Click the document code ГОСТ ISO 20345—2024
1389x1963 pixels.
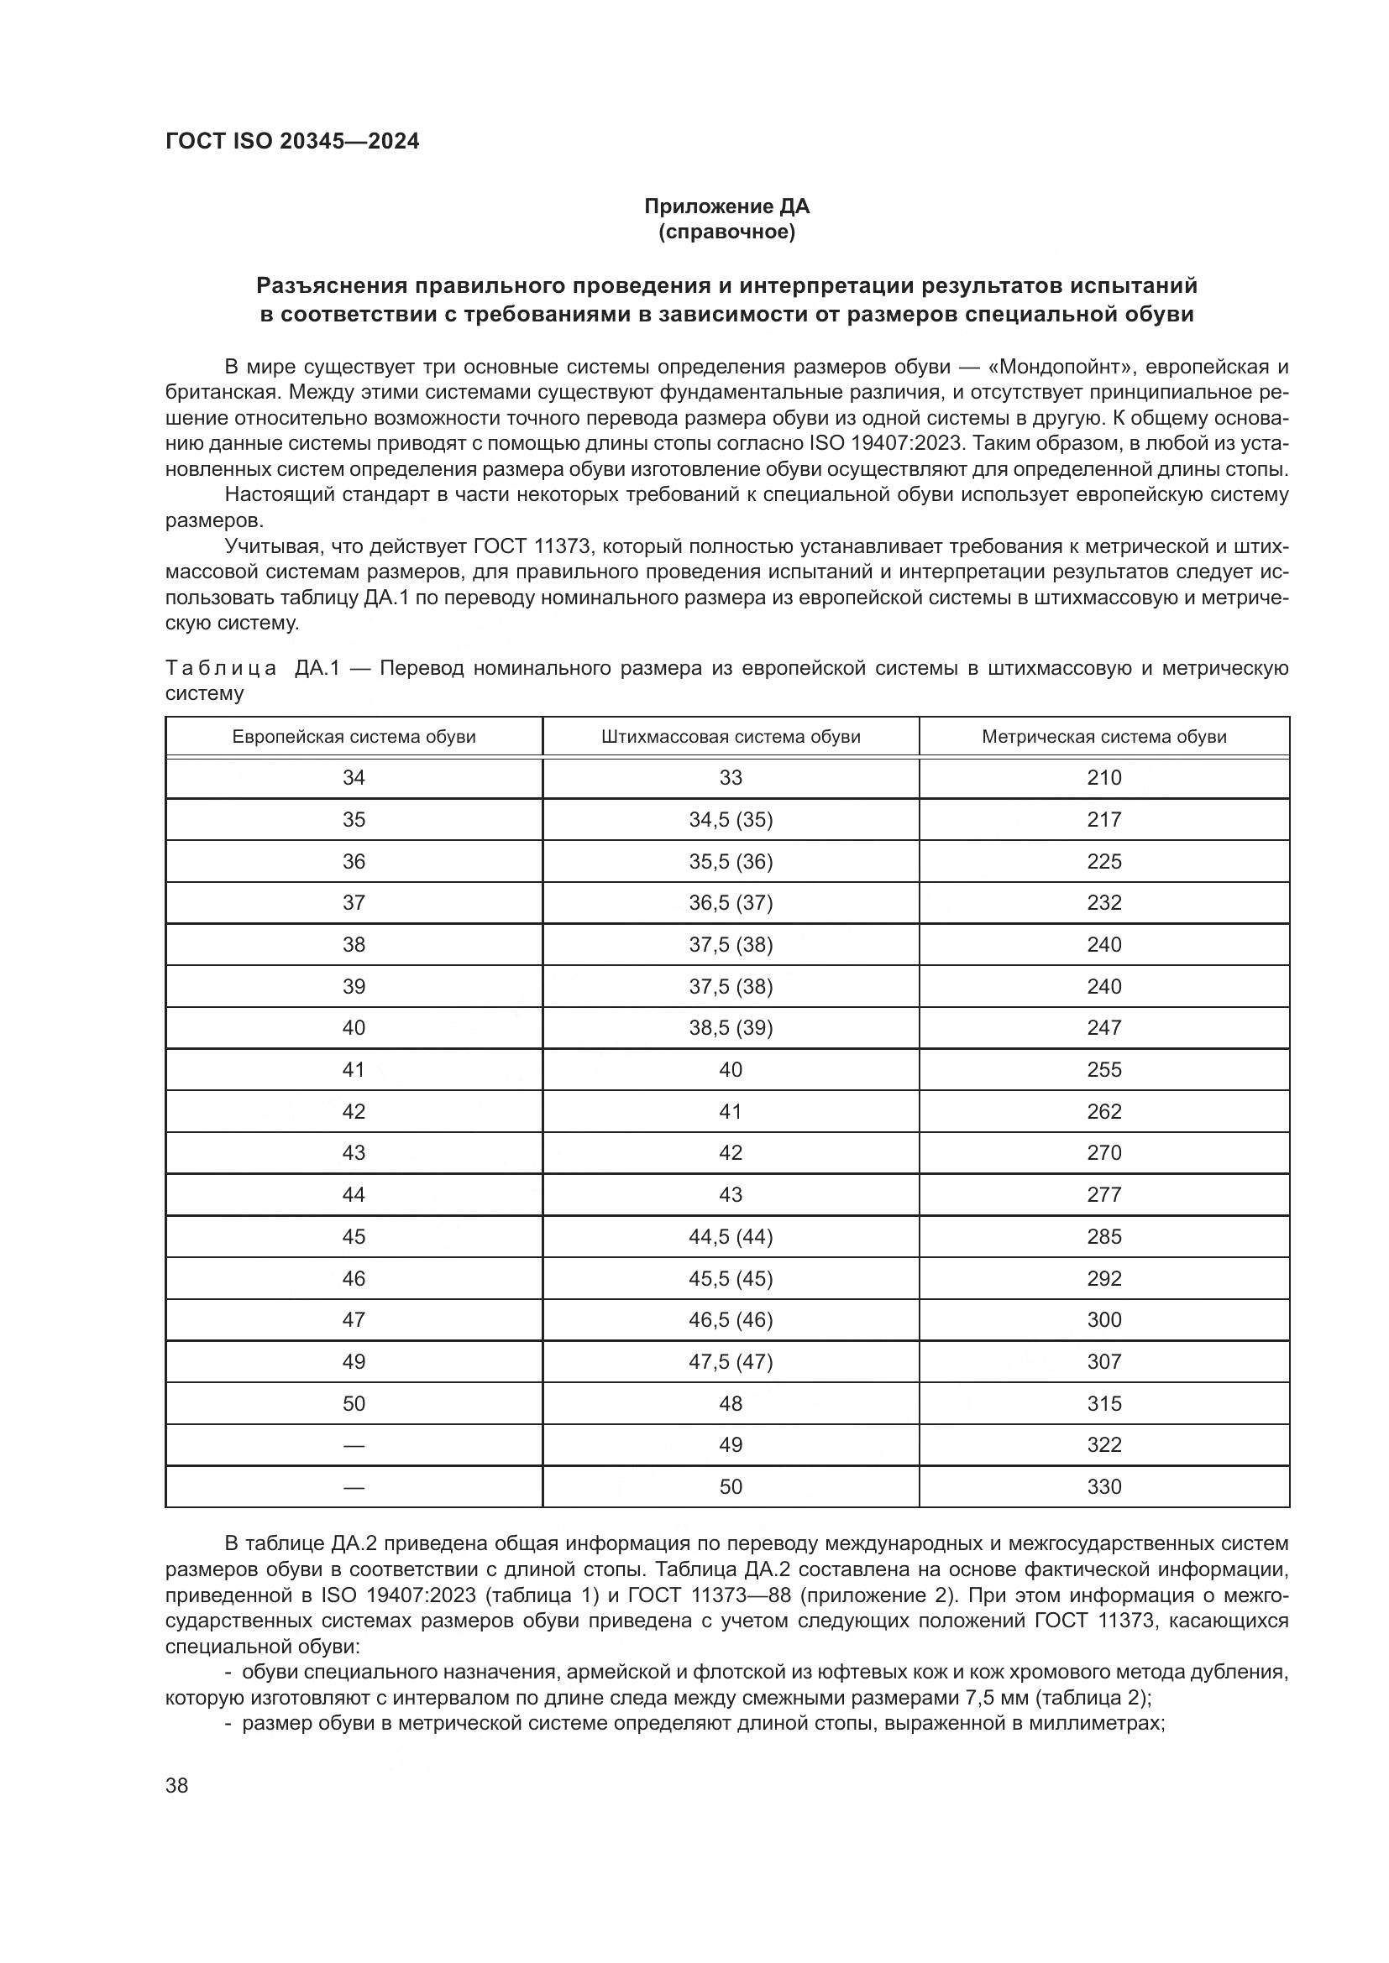click(291, 142)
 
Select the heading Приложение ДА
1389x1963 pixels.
click(726, 206)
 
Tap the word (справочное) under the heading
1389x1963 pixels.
click(726, 232)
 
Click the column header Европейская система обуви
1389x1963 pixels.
click(354, 737)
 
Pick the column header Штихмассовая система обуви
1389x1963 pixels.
click(731, 737)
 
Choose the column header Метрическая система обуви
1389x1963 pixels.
click(1103, 737)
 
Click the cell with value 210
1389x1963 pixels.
click(1103, 778)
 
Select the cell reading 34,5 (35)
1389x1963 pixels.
click(731, 820)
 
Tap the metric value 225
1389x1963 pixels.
click(1103, 862)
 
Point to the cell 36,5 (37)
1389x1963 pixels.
click(731, 903)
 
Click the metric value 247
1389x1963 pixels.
click(1103, 1028)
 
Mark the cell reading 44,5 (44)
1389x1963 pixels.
click(731, 1236)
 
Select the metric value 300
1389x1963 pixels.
click(1103, 1319)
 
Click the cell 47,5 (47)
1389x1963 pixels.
click(731, 1361)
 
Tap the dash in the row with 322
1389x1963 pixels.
click(354, 1445)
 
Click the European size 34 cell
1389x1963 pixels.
click(354, 778)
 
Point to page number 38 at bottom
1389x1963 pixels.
click(177, 1785)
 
